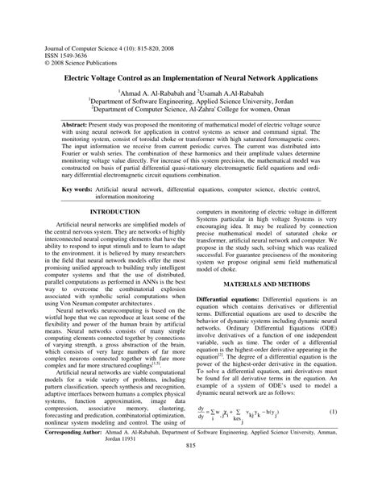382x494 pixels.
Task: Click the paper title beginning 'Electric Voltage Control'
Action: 190,81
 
